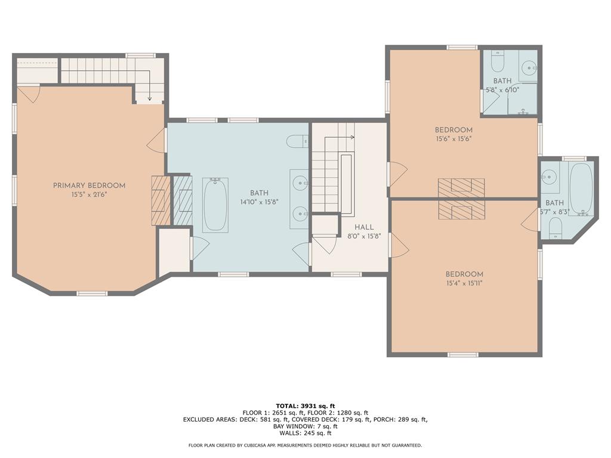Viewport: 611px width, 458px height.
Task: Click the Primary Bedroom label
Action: pyautogui.click(x=90, y=186)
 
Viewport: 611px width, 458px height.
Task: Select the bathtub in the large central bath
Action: pyautogui.click(x=215, y=205)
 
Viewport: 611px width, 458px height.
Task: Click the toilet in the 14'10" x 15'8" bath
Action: pyautogui.click(x=297, y=141)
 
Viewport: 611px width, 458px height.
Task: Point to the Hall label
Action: pyautogui.click(x=364, y=227)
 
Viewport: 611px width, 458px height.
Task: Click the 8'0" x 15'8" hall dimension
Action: pyautogui.click(x=364, y=236)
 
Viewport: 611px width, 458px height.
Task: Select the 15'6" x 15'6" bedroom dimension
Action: pyautogui.click(x=453, y=138)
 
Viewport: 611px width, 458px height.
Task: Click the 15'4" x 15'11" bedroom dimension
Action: pyautogui.click(x=464, y=283)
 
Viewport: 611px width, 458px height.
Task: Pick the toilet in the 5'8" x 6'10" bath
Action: pyautogui.click(x=497, y=61)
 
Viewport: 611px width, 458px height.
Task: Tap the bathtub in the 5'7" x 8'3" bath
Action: pyautogui.click(x=581, y=189)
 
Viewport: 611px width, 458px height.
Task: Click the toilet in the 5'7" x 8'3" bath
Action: pyautogui.click(x=555, y=228)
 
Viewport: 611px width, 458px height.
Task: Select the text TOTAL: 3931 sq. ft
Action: pyautogui.click(x=305, y=406)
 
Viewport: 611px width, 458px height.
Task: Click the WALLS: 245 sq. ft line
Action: pyautogui.click(x=305, y=433)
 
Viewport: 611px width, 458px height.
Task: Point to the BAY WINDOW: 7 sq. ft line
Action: pyautogui.click(x=305, y=426)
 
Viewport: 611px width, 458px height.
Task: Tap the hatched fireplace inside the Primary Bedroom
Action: pyautogui.click(x=161, y=200)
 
